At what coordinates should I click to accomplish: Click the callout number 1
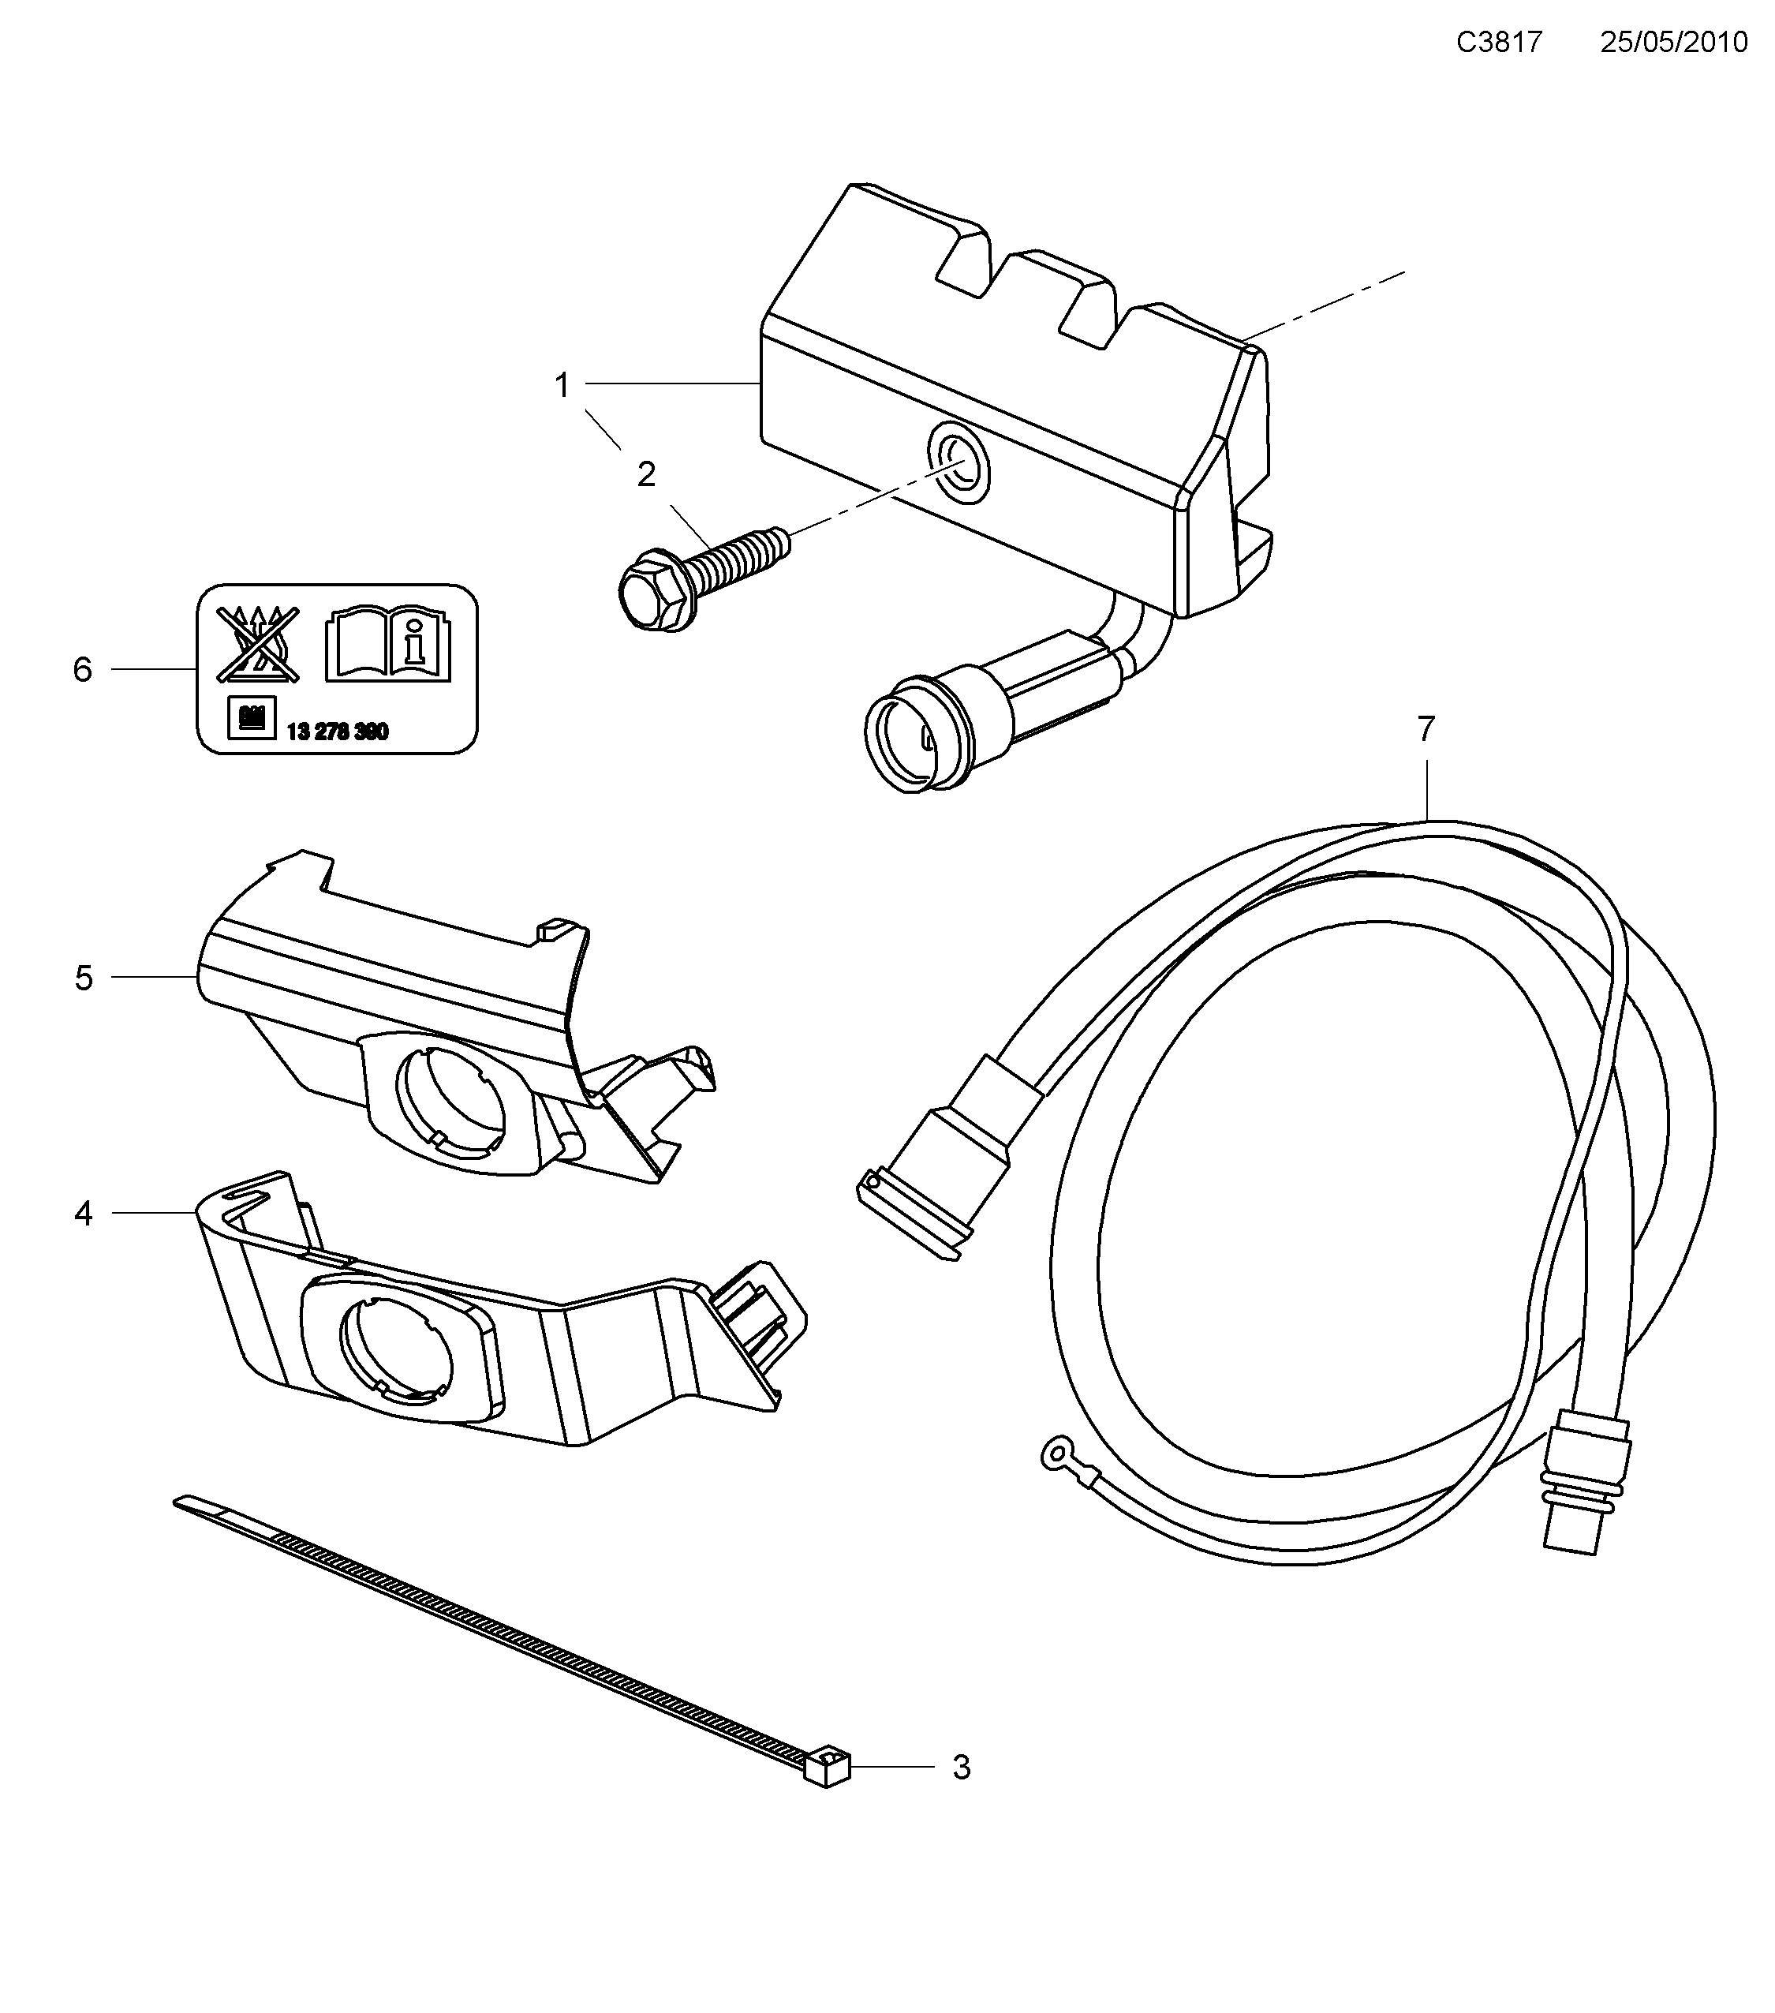coord(562,385)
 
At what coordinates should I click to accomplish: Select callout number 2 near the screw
coord(646,475)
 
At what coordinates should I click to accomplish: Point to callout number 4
coord(84,1214)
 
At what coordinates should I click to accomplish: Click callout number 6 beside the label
coord(83,671)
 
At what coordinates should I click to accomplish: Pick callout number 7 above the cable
coord(1426,730)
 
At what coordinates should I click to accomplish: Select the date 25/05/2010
coord(1673,43)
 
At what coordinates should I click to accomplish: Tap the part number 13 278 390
coord(337,731)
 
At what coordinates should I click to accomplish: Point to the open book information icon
coord(388,644)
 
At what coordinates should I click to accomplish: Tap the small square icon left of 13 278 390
coord(251,718)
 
